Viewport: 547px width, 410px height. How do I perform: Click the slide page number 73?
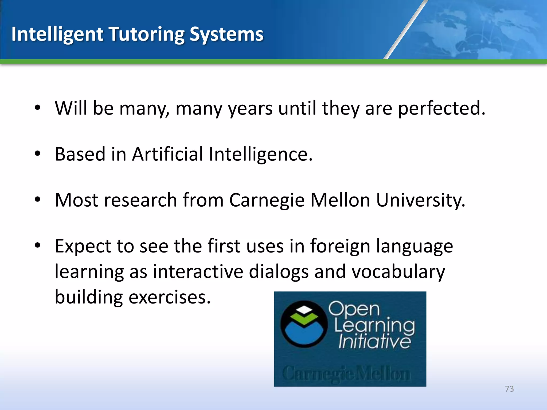click(509, 389)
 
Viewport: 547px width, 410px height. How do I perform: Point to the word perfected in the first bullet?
click(441, 108)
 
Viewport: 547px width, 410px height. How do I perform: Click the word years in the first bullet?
click(250, 109)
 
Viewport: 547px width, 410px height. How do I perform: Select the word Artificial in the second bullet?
click(167, 154)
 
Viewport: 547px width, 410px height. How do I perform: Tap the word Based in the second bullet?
click(80, 154)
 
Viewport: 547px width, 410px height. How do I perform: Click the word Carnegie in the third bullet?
click(267, 200)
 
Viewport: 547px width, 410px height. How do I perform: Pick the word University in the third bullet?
click(420, 200)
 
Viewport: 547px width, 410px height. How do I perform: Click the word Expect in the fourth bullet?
click(83, 246)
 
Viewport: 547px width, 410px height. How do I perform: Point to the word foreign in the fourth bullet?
click(340, 246)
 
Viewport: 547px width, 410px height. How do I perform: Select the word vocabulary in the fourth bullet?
click(398, 272)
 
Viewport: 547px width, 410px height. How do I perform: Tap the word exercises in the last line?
click(170, 297)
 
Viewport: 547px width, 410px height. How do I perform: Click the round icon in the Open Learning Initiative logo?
click(304, 324)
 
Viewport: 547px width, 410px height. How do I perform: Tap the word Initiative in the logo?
click(374, 341)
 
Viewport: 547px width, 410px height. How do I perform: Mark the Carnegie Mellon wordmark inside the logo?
click(346, 373)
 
